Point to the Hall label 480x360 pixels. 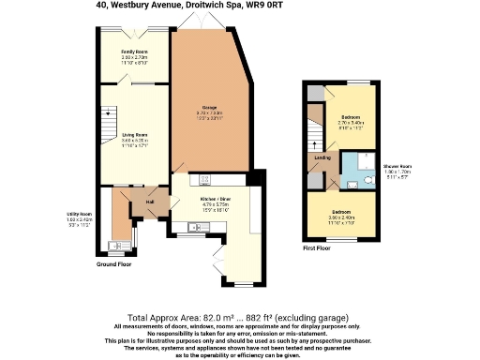(x=150, y=201)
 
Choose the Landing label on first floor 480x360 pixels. (x=322, y=157)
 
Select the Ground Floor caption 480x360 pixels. (x=114, y=264)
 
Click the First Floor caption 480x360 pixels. (x=318, y=247)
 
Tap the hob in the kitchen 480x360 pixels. (x=206, y=180)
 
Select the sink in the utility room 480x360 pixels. (x=115, y=247)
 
